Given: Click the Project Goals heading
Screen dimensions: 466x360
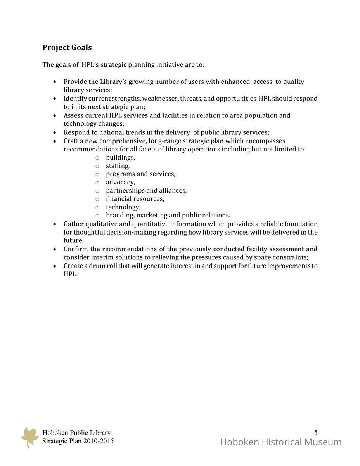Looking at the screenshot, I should click(x=67, y=47).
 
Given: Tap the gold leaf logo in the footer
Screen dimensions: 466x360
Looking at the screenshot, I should click(x=30, y=437).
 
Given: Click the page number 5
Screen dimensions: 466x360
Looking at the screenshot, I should click(x=316, y=432).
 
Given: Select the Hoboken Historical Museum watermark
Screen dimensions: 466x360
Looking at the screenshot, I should click(x=281, y=442).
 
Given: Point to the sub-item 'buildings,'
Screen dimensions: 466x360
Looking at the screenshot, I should click(x=120, y=158).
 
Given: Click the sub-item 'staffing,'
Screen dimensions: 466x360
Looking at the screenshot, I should click(x=118, y=166).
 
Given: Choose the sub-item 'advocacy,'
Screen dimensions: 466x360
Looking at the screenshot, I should click(x=120, y=182).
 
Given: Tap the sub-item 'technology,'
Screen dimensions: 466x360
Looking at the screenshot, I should click(x=123, y=207).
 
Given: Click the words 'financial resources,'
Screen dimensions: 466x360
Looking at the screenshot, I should click(x=135, y=199).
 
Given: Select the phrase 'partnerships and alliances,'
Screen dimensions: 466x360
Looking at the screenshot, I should click(x=146, y=191).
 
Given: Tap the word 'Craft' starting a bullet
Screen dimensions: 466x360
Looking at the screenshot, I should click(x=71, y=141).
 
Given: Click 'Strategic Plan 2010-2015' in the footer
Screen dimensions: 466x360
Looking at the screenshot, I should click(x=78, y=441).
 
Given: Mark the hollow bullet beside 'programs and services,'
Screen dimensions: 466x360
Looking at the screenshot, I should click(x=97, y=174).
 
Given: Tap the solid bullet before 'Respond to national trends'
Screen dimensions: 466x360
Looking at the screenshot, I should click(x=55, y=132).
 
